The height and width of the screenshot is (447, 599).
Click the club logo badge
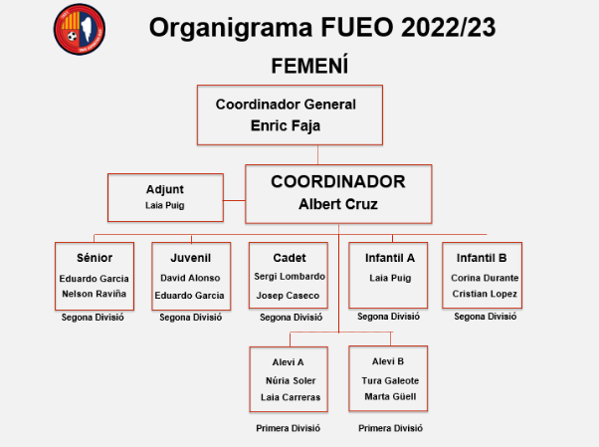click(80, 29)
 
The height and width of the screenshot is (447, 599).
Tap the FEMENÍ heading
click(309, 66)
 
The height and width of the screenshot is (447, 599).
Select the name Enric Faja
click(286, 125)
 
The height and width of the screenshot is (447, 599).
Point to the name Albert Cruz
click(338, 204)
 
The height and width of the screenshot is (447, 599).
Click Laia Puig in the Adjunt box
click(164, 206)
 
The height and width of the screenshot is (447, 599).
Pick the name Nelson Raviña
click(94, 294)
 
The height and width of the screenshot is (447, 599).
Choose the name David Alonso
click(190, 278)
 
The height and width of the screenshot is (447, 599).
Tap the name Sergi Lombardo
click(290, 277)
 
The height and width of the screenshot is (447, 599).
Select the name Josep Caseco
click(288, 296)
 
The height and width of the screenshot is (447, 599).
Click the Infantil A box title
click(390, 258)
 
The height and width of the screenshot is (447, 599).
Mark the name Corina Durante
click(485, 278)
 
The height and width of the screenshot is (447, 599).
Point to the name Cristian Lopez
click(485, 294)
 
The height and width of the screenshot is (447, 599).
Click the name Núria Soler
click(291, 381)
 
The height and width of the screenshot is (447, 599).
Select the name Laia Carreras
click(291, 397)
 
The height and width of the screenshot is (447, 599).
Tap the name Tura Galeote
click(390, 381)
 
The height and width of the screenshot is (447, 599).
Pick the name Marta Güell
click(390, 397)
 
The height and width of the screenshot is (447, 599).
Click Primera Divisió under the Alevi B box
click(390, 428)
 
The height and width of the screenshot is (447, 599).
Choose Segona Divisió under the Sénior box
click(93, 318)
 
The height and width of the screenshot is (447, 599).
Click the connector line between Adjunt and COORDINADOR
click(234, 200)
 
